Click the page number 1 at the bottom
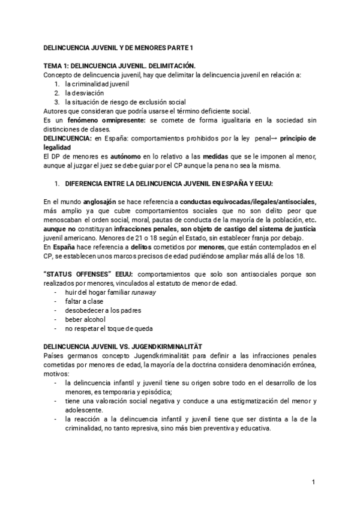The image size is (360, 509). point(313,482)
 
